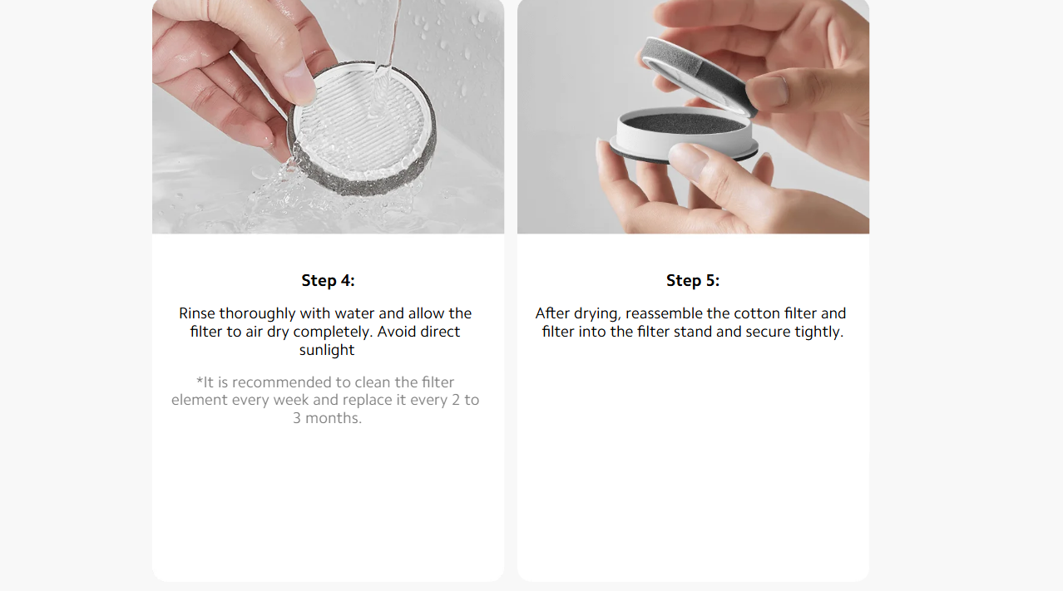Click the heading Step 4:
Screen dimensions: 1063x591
[328, 280]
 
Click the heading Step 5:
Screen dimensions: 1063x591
[693, 280]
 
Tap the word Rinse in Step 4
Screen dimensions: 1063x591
[196, 313]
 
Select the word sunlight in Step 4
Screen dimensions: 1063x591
[327, 350]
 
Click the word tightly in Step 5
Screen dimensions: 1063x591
[818, 332]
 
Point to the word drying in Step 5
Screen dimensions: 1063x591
[596, 314]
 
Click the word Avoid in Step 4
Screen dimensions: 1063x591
[396, 332]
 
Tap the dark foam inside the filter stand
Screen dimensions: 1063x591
[685, 123]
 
